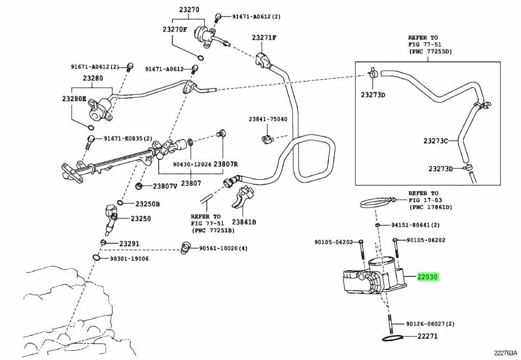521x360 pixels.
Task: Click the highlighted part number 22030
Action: (x=428, y=276)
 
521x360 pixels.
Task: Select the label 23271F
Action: (x=264, y=37)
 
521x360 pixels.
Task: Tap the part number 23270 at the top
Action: (x=189, y=10)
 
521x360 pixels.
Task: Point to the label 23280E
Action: (x=74, y=99)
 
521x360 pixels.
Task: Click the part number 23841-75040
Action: (x=268, y=119)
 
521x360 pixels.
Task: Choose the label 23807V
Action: (x=165, y=186)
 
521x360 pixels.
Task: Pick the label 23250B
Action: (x=147, y=204)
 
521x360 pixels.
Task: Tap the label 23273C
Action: (x=436, y=141)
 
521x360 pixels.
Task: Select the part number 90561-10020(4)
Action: (x=223, y=248)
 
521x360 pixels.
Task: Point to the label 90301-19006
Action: (x=129, y=258)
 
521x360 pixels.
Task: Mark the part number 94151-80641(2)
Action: (x=415, y=225)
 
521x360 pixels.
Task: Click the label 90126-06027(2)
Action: (x=430, y=323)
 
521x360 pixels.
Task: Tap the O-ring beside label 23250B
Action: (x=121, y=203)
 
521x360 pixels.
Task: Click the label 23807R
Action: (x=225, y=164)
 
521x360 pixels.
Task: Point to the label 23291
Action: (x=130, y=244)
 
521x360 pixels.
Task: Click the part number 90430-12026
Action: (x=192, y=164)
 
